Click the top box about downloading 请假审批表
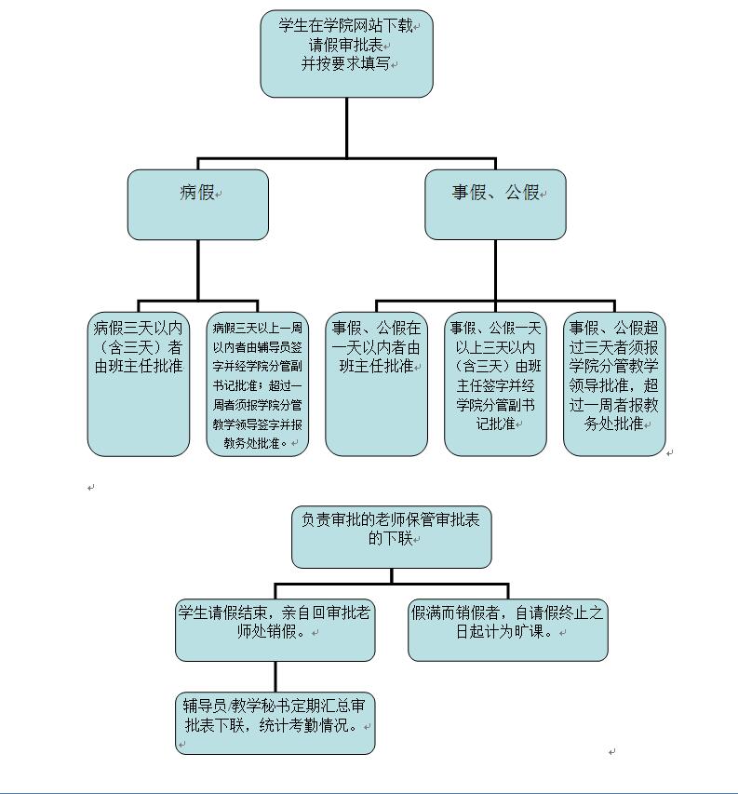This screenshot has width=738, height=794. click(346, 53)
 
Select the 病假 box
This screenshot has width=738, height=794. click(197, 204)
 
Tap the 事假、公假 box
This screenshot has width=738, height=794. click(495, 204)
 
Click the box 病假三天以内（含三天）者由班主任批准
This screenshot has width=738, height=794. click(139, 384)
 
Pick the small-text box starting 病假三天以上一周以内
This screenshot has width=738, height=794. click(257, 384)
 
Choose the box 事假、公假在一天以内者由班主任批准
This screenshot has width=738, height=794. click(376, 384)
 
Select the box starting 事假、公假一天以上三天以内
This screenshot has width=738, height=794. click(495, 384)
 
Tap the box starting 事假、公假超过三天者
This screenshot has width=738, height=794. click(614, 384)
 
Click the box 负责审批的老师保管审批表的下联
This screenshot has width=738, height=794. click(391, 537)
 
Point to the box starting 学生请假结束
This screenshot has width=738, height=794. click(275, 630)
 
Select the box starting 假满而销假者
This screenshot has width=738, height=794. click(507, 630)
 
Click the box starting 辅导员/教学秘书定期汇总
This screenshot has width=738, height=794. click(275, 723)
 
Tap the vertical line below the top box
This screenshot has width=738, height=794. click(346, 128)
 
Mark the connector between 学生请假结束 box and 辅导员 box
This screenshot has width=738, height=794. click(275, 677)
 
